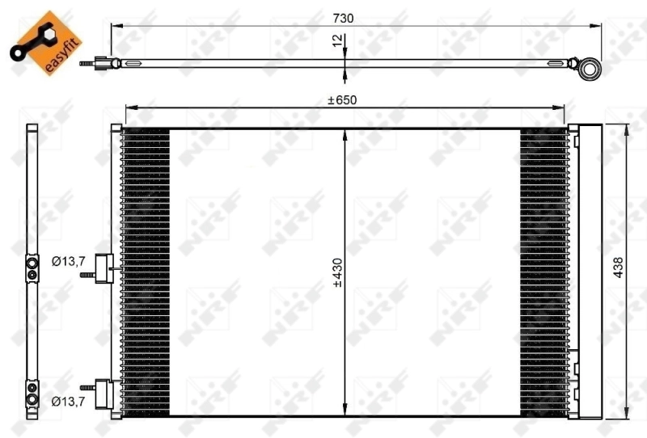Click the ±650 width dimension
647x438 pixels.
342,100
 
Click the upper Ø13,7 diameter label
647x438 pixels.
69,261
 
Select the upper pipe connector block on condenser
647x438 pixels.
103,268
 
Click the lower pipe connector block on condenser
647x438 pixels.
103,393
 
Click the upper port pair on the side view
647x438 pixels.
32,268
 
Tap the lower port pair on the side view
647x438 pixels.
32,392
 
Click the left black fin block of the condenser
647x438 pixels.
146,271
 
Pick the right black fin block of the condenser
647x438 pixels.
543,271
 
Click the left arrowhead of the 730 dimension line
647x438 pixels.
114,27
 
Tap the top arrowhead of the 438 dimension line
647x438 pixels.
627,128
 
